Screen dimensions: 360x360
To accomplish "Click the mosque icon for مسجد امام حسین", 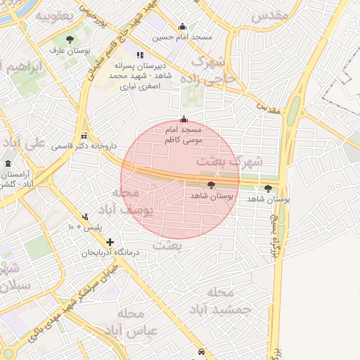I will (184, 27).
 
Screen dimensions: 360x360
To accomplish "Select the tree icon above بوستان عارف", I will (69, 40).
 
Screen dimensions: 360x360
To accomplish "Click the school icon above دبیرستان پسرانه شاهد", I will (141, 54).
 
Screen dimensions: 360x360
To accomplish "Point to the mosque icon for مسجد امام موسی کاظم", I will (184, 120).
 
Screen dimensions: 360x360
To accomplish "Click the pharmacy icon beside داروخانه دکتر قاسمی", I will (85, 136).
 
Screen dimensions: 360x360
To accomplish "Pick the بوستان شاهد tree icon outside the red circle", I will (268, 188).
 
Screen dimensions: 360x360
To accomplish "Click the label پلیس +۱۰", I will (85, 229).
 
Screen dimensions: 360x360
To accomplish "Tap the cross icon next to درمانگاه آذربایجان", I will (110, 242).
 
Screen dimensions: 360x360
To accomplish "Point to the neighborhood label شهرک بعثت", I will (240, 162).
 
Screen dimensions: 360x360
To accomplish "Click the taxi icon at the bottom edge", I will (202, 352).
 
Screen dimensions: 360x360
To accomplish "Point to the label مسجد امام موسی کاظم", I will (184, 136).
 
